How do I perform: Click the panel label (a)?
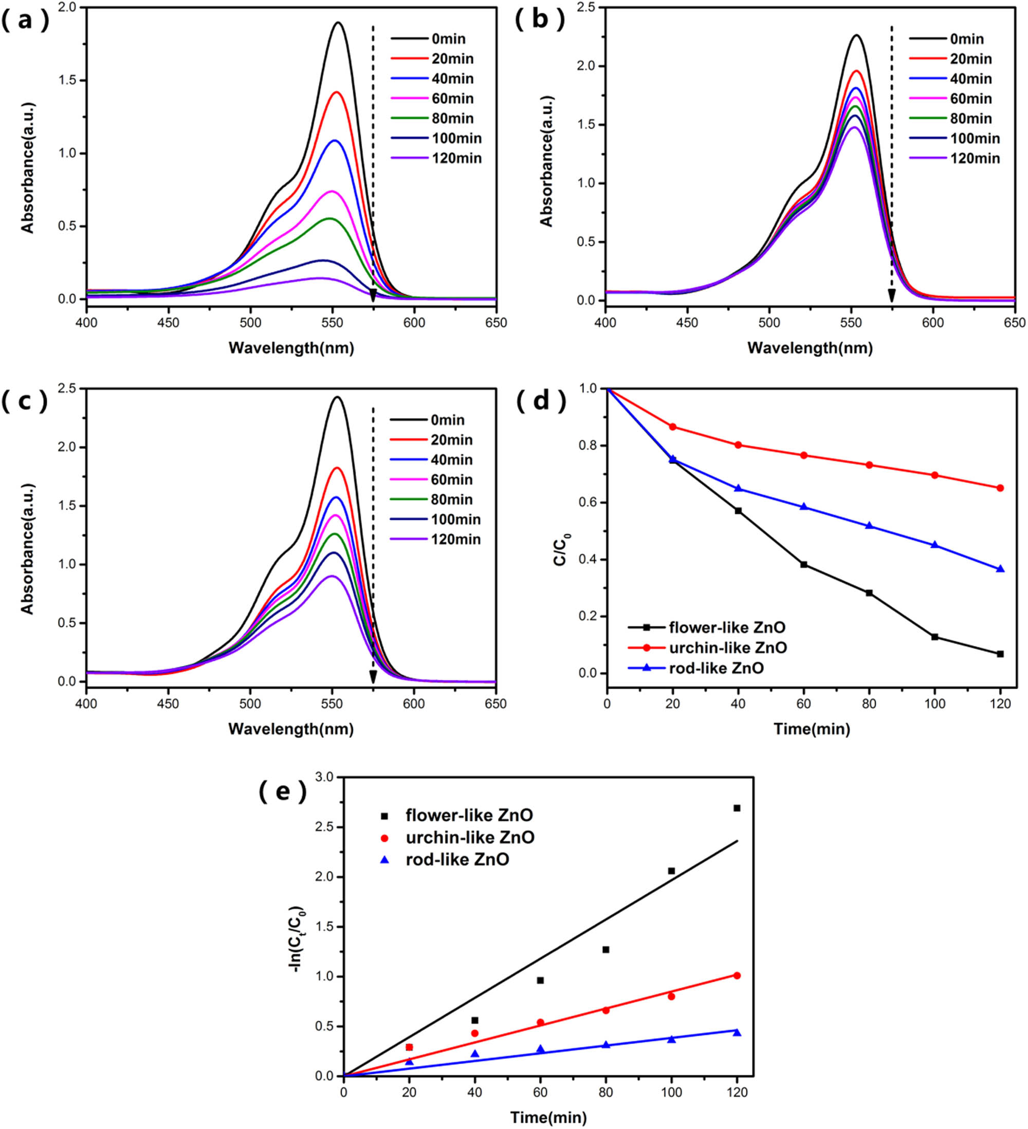pos(25,21)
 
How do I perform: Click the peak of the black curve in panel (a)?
pos(338,23)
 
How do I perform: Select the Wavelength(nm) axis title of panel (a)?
pos(291,348)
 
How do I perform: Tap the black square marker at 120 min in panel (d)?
pos(1000,654)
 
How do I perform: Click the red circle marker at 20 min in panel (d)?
pos(673,427)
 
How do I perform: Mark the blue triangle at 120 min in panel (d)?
pos(1000,569)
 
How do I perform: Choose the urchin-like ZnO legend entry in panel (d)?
pos(728,648)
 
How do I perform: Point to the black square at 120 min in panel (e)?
pos(737,808)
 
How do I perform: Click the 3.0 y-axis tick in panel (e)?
pos(324,778)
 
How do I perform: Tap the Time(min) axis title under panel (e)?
pos(548,1118)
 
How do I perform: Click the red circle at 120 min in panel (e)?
pos(737,975)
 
